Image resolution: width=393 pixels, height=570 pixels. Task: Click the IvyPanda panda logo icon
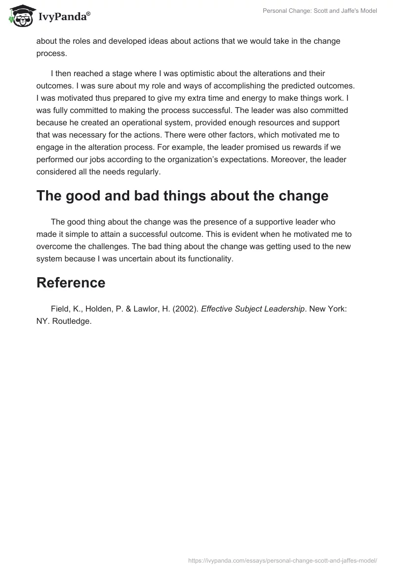tap(19, 16)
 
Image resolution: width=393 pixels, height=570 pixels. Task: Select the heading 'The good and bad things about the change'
tap(182, 196)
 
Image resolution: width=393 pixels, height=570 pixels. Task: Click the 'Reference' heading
tap(71, 283)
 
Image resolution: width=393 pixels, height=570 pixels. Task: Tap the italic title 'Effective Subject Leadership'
tap(253, 309)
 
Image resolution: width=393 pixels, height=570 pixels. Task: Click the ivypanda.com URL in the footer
tap(282, 560)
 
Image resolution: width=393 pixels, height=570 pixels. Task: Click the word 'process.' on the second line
tap(51, 53)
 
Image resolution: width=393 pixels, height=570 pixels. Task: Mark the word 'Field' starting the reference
tap(60, 309)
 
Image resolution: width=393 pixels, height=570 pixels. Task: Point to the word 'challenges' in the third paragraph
tap(119, 246)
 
